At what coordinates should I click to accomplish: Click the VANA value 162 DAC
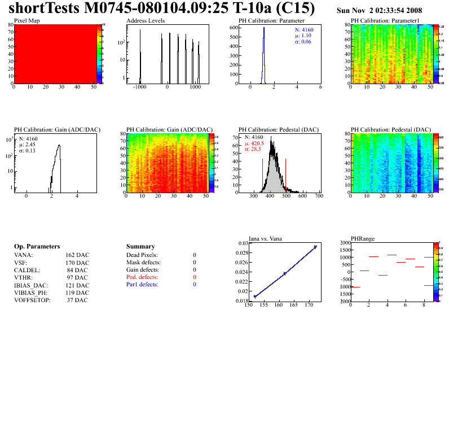tap(77, 255)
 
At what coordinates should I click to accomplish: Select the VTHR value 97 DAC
tap(77, 278)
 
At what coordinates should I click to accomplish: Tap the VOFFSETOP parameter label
tap(32, 300)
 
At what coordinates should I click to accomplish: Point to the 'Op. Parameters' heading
tap(37, 247)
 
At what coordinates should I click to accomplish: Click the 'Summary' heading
tap(140, 247)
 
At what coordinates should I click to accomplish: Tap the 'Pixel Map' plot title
tap(27, 20)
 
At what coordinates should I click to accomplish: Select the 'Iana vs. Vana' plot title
tap(266, 238)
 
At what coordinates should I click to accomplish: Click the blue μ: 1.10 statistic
tap(303, 36)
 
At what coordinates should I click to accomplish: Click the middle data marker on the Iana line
tap(285, 273)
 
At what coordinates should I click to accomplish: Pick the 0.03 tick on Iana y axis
tap(242, 243)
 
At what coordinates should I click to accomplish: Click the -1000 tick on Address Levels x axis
tap(140, 88)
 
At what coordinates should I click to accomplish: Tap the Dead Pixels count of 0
tap(195, 255)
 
